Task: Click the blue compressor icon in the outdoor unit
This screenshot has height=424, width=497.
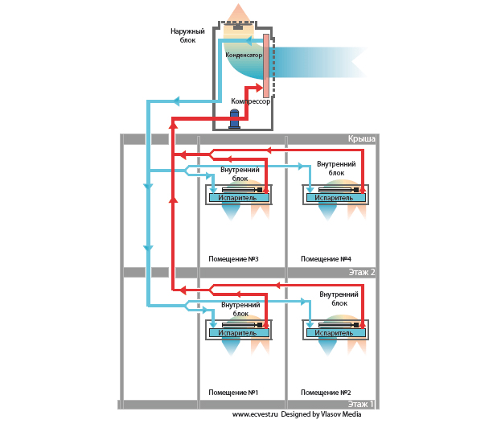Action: point(235,119)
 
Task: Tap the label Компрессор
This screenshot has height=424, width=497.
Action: point(250,102)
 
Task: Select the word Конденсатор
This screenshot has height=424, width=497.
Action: point(244,55)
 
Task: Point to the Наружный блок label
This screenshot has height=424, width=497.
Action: point(187,35)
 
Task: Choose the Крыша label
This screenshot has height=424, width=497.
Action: point(361,139)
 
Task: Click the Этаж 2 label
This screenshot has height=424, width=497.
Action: point(361,273)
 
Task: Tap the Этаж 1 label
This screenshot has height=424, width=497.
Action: point(361,404)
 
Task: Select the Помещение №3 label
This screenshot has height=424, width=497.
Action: point(232,259)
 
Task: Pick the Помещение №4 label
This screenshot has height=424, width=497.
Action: point(326,259)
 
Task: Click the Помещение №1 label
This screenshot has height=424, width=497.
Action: point(232,392)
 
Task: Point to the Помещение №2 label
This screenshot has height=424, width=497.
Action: point(326,392)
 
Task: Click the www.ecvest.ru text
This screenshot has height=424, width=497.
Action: point(255,414)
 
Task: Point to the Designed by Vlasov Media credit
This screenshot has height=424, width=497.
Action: point(321,414)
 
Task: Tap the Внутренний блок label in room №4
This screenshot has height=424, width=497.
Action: point(331,168)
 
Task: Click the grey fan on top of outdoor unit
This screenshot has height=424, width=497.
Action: point(238,26)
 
